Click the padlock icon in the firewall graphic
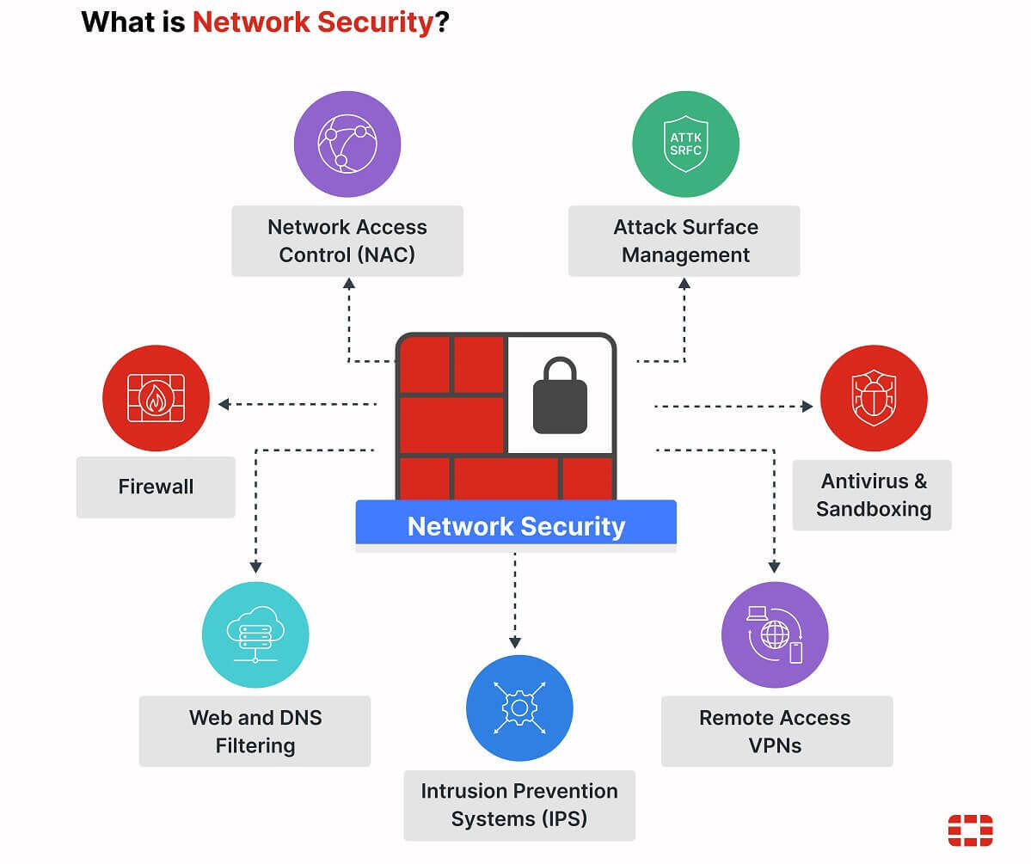(x=560, y=397)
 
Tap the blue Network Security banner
(x=516, y=526)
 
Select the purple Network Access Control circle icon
(x=347, y=144)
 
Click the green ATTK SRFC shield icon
(x=685, y=144)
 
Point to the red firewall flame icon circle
(x=156, y=398)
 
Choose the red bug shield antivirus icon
(x=873, y=398)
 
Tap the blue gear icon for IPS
(x=519, y=708)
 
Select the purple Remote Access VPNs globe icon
(x=775, y=635)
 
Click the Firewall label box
(x=156, y=487)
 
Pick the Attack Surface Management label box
(x=685, y=241)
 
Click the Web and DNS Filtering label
(x=255, y=732)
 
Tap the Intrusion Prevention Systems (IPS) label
(x=519, y=805)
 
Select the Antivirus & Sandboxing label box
(x=873, y=494)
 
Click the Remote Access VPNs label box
(x=776, y=732)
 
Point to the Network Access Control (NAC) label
(x=347, y=241)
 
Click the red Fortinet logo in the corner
(x=970, y=830)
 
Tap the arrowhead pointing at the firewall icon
(x=224, y=403)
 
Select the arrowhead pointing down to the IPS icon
(x=515, y=642)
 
